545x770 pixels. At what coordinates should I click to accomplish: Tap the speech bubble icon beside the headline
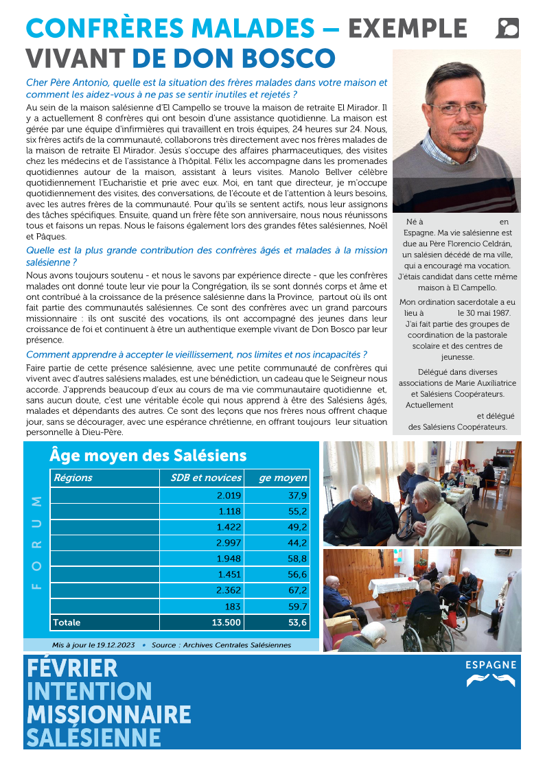point(507,28)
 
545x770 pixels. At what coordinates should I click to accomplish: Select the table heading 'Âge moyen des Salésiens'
point(148,455)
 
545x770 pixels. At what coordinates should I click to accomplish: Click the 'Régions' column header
point(73,478)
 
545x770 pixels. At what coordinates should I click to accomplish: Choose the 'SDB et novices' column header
point(206,478)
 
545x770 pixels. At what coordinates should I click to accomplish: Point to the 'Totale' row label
point(67,622)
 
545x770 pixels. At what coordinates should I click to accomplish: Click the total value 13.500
point(225,622)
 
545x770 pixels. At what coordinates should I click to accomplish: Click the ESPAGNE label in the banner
point(491,665)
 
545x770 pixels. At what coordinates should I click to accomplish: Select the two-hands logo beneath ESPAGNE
point(491,680)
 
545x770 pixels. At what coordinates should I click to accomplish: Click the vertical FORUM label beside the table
point(36,542)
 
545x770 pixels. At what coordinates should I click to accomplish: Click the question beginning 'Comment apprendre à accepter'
point(196,355)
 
